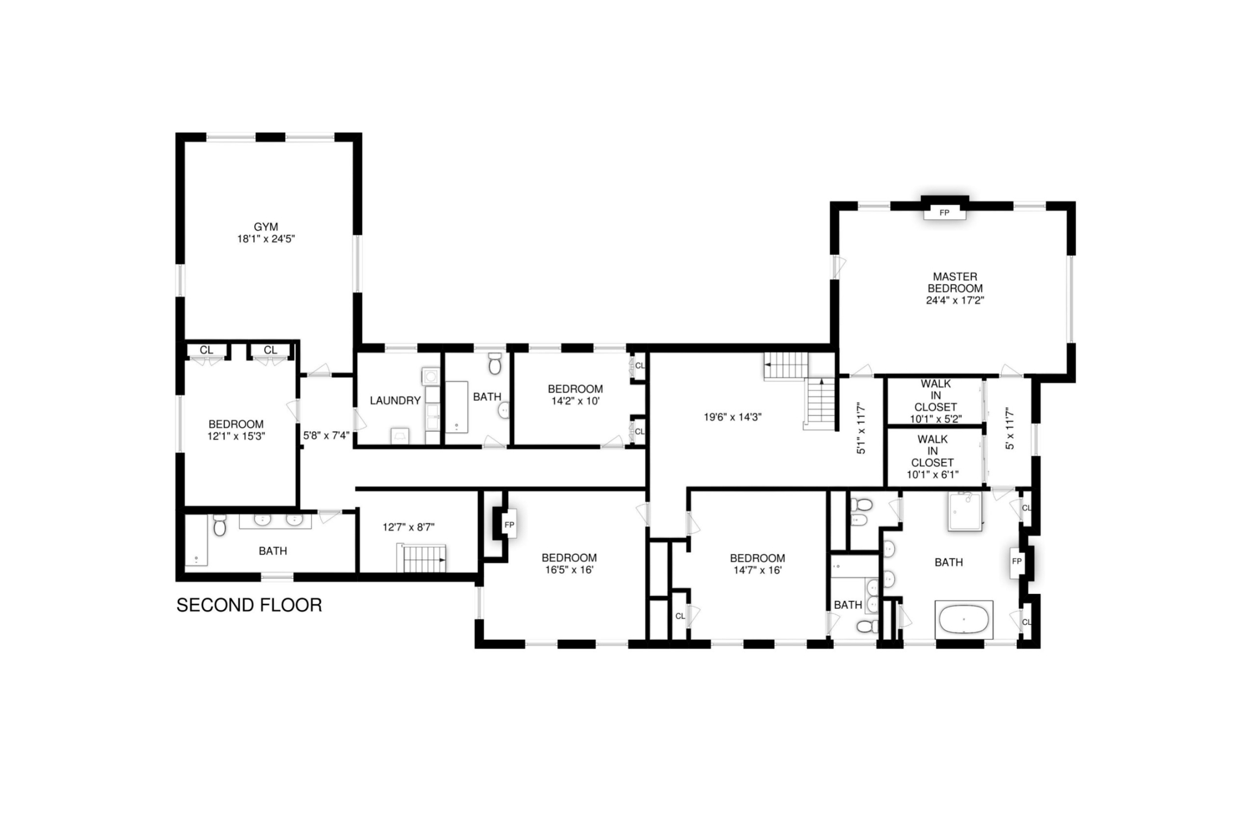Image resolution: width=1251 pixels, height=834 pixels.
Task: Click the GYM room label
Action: pos(266,227)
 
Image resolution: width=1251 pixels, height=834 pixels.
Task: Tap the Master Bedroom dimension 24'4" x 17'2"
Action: pos(955,300)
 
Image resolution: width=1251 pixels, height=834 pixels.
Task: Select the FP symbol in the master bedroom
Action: pos(944,213)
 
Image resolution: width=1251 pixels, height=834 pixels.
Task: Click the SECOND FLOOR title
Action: pos(249,605)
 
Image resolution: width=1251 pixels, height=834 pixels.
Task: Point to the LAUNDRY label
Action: pos(395,401)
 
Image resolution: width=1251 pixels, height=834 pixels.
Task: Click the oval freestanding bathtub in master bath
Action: pos(964,618)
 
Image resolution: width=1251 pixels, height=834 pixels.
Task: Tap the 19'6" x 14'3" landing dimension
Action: pos(732,418)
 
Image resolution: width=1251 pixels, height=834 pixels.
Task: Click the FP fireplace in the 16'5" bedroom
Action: pos(509,525)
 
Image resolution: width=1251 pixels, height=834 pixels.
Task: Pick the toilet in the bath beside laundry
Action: pos(494,364)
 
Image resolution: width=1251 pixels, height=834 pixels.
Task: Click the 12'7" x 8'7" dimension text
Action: pos(408,527)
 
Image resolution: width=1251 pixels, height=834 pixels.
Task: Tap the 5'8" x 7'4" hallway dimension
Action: pos(326,435)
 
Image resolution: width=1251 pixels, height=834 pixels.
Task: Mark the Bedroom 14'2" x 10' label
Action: pos(575,395)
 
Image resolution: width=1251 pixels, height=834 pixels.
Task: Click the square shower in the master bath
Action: pos(964,511)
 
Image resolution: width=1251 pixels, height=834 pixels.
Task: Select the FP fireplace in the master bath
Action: pos(1016,561)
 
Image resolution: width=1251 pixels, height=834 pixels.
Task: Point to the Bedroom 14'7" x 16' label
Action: pos(757,564)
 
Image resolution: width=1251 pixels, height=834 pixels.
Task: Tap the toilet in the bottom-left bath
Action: pos(219,525)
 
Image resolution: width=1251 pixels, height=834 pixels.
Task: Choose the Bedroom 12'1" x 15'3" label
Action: pos(236,430)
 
